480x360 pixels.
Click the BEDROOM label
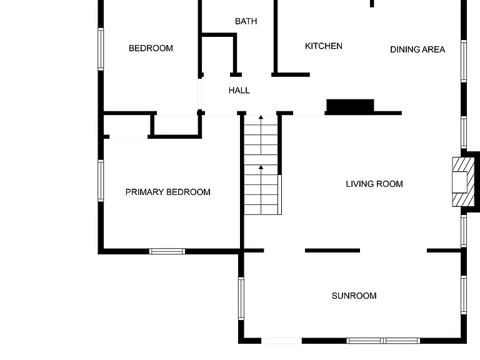pos(151,48)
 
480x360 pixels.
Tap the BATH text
pos(246,21)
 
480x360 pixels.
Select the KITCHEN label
pos(324,46)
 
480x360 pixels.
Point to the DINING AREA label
pos(417,49)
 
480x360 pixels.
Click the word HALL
pos(239,90)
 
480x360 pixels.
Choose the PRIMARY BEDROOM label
pos(167,192)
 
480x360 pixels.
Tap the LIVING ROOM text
pos(374,184)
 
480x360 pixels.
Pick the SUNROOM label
pos(354,296)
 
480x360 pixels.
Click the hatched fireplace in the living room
pos(463,182)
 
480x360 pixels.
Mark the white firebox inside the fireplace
pos(459,182)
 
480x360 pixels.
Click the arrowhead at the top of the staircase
pos(261,117)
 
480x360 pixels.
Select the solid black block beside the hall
pos(350,106)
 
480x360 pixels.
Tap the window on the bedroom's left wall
pos(101,49)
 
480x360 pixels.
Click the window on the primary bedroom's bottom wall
pos(167,251)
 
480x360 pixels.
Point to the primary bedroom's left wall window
pos(101,181)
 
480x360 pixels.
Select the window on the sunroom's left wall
pos(241,299)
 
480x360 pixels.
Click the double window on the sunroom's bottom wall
pos(383,341)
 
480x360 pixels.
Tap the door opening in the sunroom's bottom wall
pos(281,341)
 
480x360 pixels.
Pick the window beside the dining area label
pos(464,61)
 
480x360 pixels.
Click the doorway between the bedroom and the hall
pos(200,94)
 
